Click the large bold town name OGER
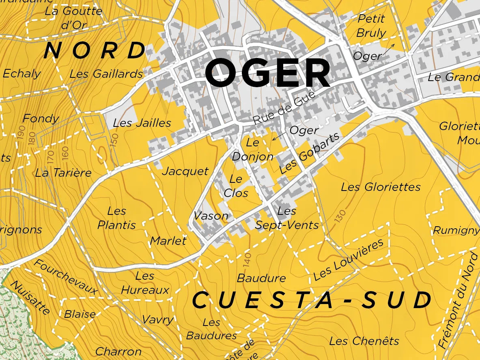[x=268, y=73]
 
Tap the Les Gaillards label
[x=106, y=74]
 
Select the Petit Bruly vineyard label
[x=371, y=26]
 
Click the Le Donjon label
[x=253, y=150]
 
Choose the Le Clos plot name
[x=236, y=186]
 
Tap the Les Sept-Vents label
[x=287, y=218]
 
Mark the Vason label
[x=211, y=216]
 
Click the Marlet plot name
[x=168, y=240]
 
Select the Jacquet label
[x=185, y=171]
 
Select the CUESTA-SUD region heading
[x=312, y=300]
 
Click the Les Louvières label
[x=349, y=260]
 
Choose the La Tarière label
[x=63, y=173]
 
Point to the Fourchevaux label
[x=66, y=277]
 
